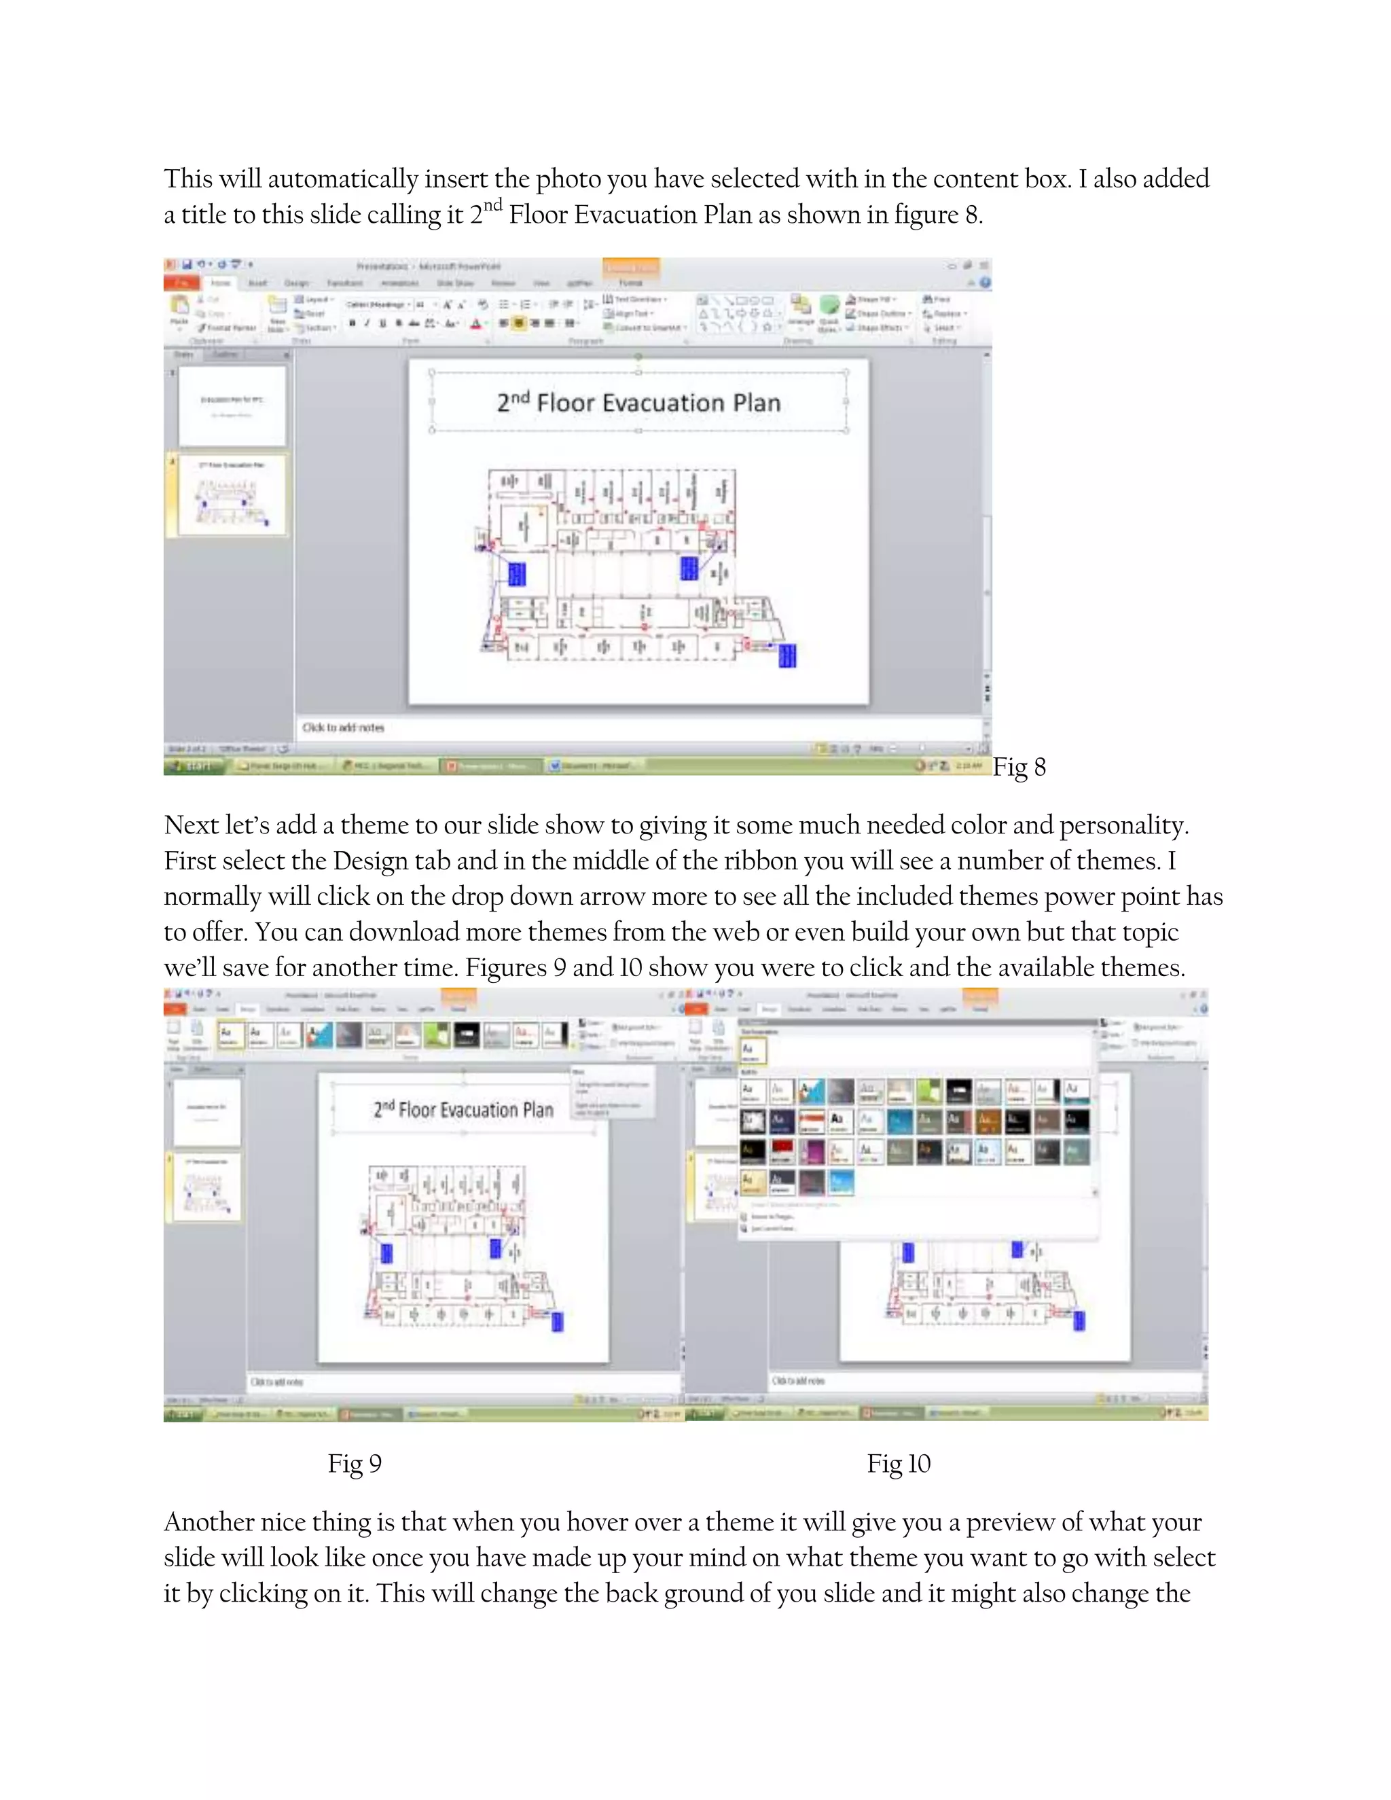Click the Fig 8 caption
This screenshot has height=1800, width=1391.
(1019, 768)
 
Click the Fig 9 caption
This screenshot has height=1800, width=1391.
(355, 1464)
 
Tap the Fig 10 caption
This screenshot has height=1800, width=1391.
(898, 1464)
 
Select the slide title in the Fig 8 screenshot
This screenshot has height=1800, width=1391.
(638, 402)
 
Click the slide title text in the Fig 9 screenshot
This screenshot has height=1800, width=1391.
(463, 1109)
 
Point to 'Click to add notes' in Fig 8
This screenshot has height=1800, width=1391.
(343, 727)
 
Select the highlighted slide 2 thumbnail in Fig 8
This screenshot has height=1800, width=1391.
(232, 494)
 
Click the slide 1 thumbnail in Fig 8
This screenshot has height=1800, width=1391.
(232, 406)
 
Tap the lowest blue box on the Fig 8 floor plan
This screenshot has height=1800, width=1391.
(787, 655)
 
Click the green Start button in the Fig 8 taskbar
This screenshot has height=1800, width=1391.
(194, 766)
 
